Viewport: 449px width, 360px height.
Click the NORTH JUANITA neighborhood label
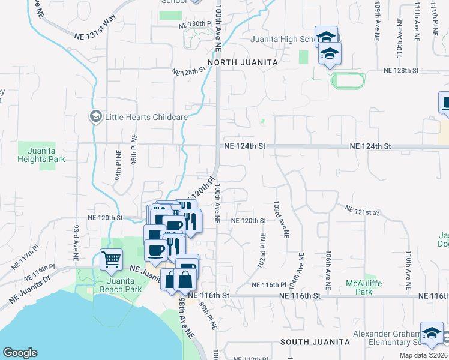click(x=243, y=62)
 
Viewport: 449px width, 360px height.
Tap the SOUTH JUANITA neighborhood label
click(x=315, y=341)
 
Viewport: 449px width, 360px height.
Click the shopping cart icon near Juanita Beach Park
click(x=111, y=260)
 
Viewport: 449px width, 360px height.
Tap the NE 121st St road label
click(x=363, y=211)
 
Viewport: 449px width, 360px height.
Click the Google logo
click(x=20, y=353)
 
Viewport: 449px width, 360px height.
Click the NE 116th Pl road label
click(x=269, y=284)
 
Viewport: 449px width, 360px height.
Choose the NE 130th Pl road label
click(x=196, y=24)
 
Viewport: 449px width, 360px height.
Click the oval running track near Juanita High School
click(x=349, y=80)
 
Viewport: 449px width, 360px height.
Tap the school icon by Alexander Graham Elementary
click(x=432, y=334)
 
